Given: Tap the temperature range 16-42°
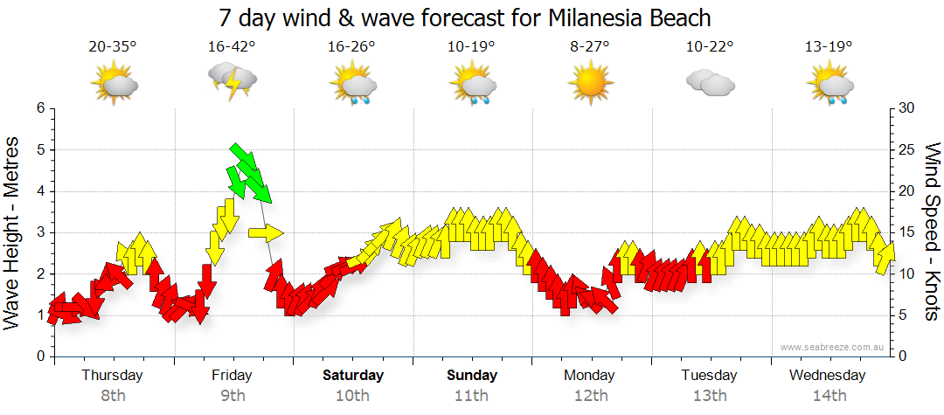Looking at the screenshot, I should [232, 47].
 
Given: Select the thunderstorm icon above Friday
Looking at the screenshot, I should [233, 84].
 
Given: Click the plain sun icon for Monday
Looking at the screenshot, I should [589, 84].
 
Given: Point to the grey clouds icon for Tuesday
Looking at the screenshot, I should [709, 84].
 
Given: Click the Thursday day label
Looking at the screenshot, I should [112, 376].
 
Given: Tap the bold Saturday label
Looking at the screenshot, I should [352, 376].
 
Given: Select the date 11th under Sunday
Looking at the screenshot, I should [471, 395].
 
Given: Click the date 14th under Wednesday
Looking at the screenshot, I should [828, 395].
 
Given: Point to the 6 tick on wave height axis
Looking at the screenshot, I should [39, 108].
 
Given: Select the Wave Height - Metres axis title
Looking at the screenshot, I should [13, 232].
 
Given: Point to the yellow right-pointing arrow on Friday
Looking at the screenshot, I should [266, 232].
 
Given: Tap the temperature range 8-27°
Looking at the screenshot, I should [589, 47].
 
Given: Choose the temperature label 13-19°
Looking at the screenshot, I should [828, 47].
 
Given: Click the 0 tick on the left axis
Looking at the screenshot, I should [39, 356].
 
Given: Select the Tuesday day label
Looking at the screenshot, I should [709, 376].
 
